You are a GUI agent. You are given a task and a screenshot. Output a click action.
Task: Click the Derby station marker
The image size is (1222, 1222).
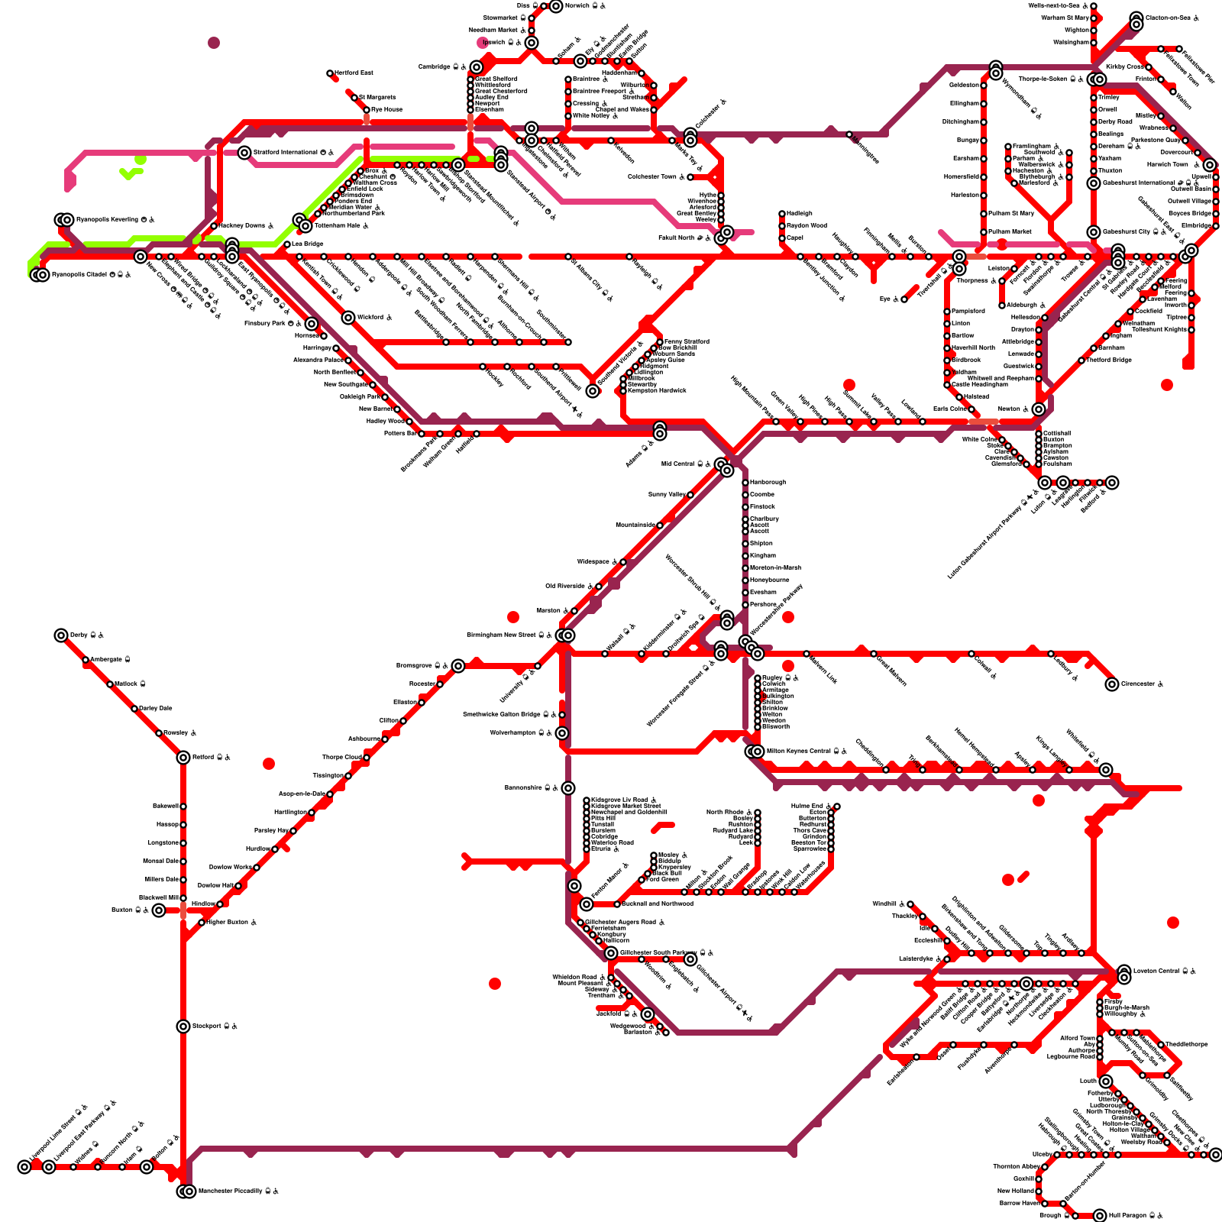tap(61, 635)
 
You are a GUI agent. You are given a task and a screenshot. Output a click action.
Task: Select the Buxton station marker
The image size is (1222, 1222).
tap(158, 910)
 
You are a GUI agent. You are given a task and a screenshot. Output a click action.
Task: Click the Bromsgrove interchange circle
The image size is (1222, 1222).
tap(457, 666)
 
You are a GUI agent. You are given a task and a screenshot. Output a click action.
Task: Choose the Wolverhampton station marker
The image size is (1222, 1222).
tap(562, 733)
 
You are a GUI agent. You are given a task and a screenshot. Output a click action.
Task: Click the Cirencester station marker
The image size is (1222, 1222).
tap(1112, 684)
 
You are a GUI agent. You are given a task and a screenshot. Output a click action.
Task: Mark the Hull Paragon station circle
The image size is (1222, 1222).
tap(1100, 1216)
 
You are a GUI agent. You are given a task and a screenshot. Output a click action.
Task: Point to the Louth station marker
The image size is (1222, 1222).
tap(1106, 1081)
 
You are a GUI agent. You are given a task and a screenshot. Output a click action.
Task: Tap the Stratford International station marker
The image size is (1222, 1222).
tap(244, 153)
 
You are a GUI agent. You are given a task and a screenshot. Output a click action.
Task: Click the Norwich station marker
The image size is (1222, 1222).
tap(556, 6)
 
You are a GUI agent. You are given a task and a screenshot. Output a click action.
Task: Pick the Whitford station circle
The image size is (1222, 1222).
tap(348, 318)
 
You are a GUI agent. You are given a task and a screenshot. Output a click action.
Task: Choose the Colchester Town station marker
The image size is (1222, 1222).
tap(690, 177)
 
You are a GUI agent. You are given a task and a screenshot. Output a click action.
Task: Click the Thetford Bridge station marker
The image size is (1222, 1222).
tap(1081, 360)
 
